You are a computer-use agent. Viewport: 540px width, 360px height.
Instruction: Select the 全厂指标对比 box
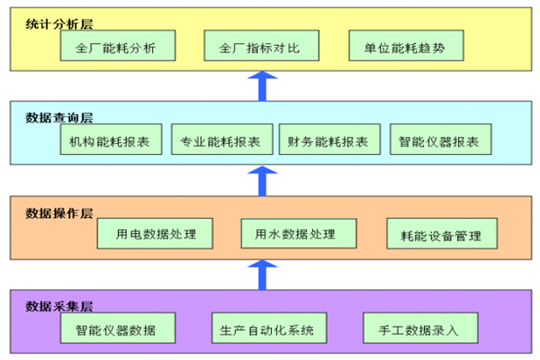[259, 47]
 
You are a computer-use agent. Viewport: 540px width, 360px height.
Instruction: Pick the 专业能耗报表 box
[220, 141]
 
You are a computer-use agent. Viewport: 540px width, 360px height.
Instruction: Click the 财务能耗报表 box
[328, 141]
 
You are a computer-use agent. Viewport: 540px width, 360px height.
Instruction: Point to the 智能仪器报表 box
[440, 141]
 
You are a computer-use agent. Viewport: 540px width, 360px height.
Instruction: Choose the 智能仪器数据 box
[116, 329]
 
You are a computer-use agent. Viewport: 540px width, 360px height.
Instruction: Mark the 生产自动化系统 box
[267, 329]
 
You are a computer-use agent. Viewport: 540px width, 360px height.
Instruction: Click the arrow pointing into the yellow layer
[262, 86]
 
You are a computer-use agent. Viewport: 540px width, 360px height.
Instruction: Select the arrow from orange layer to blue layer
[262, 180]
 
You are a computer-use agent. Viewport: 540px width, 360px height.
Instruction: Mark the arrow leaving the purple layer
[262, 274]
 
